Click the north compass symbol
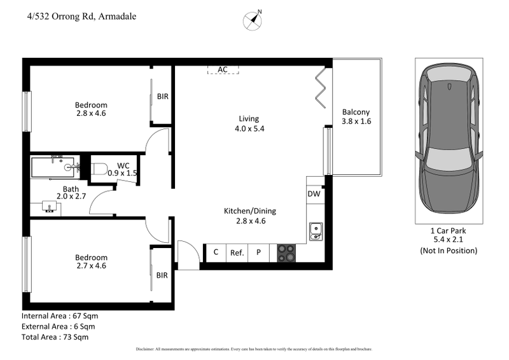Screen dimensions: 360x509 (253, 20)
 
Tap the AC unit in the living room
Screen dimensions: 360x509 (223, 69)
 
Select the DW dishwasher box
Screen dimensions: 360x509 (314, 194)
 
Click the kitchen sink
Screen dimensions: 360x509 (316, 232)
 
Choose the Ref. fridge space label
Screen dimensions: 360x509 (237, 253)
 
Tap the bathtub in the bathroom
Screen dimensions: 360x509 (56, 168)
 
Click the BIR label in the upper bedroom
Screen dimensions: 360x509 (163, 97)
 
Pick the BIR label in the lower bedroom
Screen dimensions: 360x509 (163, 275)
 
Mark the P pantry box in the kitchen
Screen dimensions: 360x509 (258, 253)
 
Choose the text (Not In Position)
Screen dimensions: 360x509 (448, 251)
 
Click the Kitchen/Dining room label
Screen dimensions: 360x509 (249, 211)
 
